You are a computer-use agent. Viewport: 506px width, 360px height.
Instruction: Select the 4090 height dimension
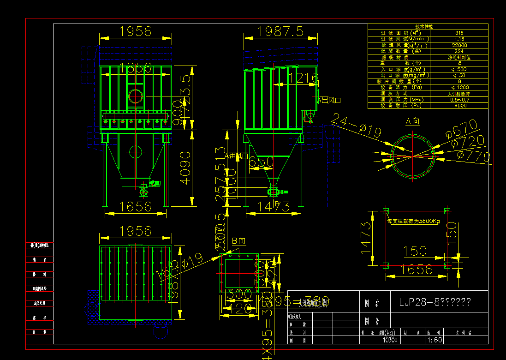pyautogui.click(x=185, y=168)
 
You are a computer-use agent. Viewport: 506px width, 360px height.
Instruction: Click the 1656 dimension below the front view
pyautogui.click(x=134, y=206)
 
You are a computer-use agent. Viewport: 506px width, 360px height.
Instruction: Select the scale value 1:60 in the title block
pyautogui.click(x=433, y=340)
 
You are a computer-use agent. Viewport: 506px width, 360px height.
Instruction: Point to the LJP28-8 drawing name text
pyautogui.click(x=434, y=302)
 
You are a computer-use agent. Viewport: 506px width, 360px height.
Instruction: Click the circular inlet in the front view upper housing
pyautogui.click(x=136, y=96)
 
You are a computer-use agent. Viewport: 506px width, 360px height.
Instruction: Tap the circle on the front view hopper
pyautogui.click(x=135, y=151)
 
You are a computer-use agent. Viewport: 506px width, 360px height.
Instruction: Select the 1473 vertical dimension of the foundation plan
pyautogui.click(x=366, y=238)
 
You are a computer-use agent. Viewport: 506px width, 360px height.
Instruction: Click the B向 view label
pyautogui.click(x=238, y=240)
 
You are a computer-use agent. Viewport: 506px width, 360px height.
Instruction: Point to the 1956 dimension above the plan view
pyautogui.click(x=135, y=230)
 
